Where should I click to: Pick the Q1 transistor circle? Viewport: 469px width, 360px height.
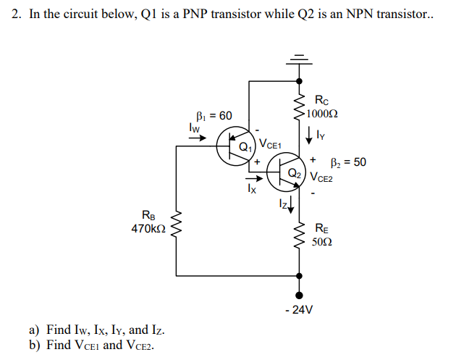point(234,147)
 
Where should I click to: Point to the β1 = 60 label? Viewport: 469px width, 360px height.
point(214,116)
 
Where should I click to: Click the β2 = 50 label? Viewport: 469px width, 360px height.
point(348,162)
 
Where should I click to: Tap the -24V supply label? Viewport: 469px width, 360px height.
point(299,309)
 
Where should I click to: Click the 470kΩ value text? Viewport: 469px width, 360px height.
point(148,228)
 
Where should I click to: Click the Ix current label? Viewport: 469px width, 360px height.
point(251,190)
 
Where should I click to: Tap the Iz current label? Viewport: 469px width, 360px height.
point(284,205)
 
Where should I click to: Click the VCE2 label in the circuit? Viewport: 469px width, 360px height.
point(323,177)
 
